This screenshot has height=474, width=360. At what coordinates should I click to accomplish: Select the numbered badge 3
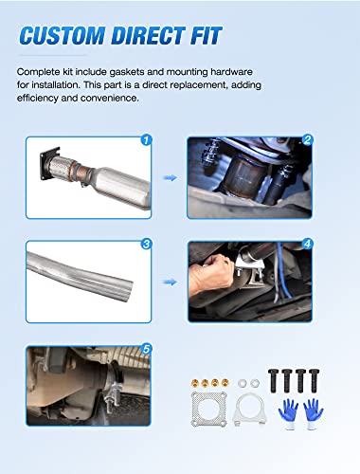pos(146,243)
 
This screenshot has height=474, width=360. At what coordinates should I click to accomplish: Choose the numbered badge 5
pos(146,347)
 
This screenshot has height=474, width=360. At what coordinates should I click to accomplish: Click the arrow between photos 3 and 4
pos(171,281)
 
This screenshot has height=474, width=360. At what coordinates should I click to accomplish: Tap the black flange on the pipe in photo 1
pos(45,162)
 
